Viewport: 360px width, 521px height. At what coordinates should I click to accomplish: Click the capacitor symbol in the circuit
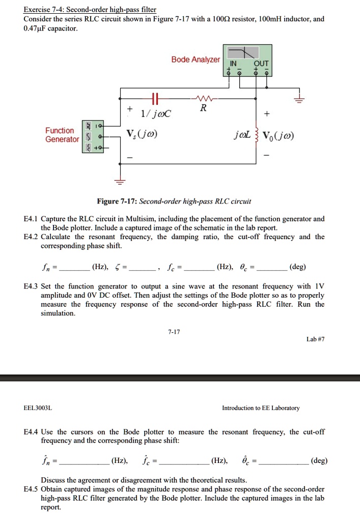155,98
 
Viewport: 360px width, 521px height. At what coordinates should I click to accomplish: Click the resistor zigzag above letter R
203,98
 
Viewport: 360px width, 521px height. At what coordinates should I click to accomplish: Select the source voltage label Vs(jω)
144,135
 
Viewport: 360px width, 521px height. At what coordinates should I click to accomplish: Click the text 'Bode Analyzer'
196,60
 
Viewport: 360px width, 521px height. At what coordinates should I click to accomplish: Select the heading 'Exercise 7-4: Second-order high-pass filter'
90,10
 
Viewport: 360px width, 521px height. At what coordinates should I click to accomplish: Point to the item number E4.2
31,237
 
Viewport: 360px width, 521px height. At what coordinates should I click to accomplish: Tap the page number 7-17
174,332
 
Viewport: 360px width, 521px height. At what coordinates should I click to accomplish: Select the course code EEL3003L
38,408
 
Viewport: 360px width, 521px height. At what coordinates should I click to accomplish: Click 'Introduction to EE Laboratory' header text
261,408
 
